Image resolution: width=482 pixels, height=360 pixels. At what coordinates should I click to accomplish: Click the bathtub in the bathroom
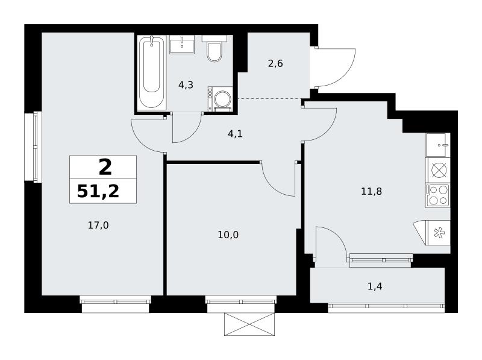pos(152,72)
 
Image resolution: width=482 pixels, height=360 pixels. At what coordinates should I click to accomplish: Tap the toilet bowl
pos(214,52)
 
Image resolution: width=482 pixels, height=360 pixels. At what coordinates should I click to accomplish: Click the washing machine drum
pos(222,99)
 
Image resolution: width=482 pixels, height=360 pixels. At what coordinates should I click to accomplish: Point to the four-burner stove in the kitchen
pos(438,196)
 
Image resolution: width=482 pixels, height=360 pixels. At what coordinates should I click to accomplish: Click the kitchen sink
pos(438,145)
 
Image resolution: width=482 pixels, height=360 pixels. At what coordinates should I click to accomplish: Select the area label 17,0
pos(98,226)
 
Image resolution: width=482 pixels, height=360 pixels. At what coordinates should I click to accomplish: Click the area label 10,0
pos(228,235)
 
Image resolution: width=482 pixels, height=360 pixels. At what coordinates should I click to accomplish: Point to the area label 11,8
pos(371,191)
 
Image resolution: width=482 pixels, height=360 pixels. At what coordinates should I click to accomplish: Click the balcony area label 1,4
pos(375,286)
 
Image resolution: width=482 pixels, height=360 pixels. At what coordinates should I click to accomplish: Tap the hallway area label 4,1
pos(235,134)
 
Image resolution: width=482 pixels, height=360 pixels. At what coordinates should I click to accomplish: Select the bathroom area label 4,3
pos(186,84)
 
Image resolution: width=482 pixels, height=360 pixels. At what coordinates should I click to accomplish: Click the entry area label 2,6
pos(275,64)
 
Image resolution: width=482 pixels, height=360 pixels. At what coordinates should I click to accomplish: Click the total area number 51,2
pos(98,191)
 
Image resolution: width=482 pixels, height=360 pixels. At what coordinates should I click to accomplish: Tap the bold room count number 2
pos(105,168)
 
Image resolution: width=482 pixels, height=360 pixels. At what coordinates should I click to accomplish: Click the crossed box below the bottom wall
pos(249,324)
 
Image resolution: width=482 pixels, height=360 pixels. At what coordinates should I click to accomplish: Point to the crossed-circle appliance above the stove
pos(438,170)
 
